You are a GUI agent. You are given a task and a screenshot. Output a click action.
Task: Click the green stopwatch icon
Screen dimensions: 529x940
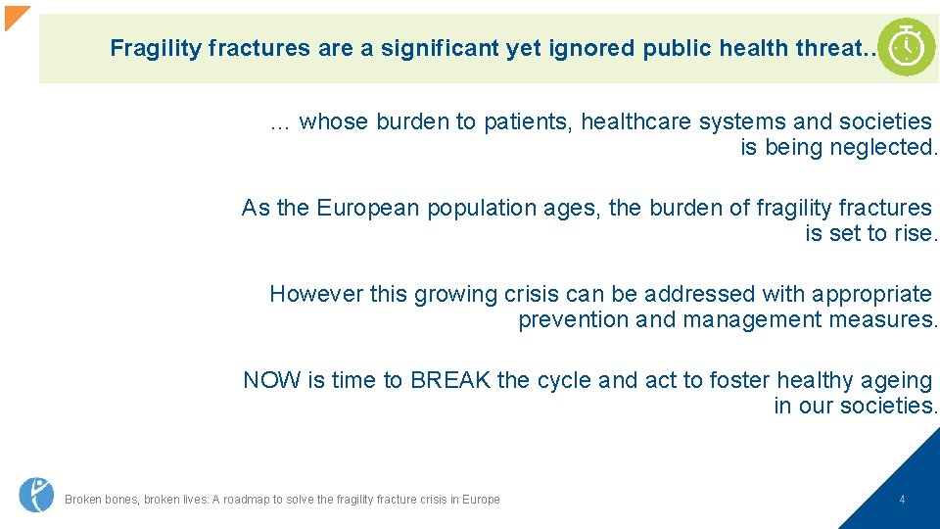point(907,47)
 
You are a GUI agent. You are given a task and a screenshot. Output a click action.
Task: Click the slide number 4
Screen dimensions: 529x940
point(902,500)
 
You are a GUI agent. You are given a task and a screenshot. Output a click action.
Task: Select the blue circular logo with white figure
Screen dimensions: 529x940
point(36,495)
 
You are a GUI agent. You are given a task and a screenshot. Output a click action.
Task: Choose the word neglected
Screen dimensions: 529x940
point(883,147)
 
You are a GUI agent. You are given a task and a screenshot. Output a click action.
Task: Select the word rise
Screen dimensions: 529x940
point(917,233)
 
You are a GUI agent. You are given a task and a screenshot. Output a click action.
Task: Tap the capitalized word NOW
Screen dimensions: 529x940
point(272,380)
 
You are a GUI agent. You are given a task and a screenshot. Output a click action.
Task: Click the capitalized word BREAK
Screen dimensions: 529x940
point(450,380)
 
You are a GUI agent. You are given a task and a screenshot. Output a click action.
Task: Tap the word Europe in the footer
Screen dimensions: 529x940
point(481,500)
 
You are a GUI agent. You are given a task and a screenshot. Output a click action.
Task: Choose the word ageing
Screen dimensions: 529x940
point(898,380)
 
